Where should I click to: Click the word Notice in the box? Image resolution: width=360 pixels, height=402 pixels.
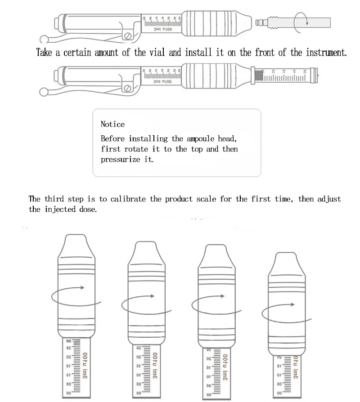[x=112, y=124]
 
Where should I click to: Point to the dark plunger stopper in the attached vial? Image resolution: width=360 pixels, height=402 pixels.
[x=258, y=75]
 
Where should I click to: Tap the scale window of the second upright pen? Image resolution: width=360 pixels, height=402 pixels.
[x=147, y=371]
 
